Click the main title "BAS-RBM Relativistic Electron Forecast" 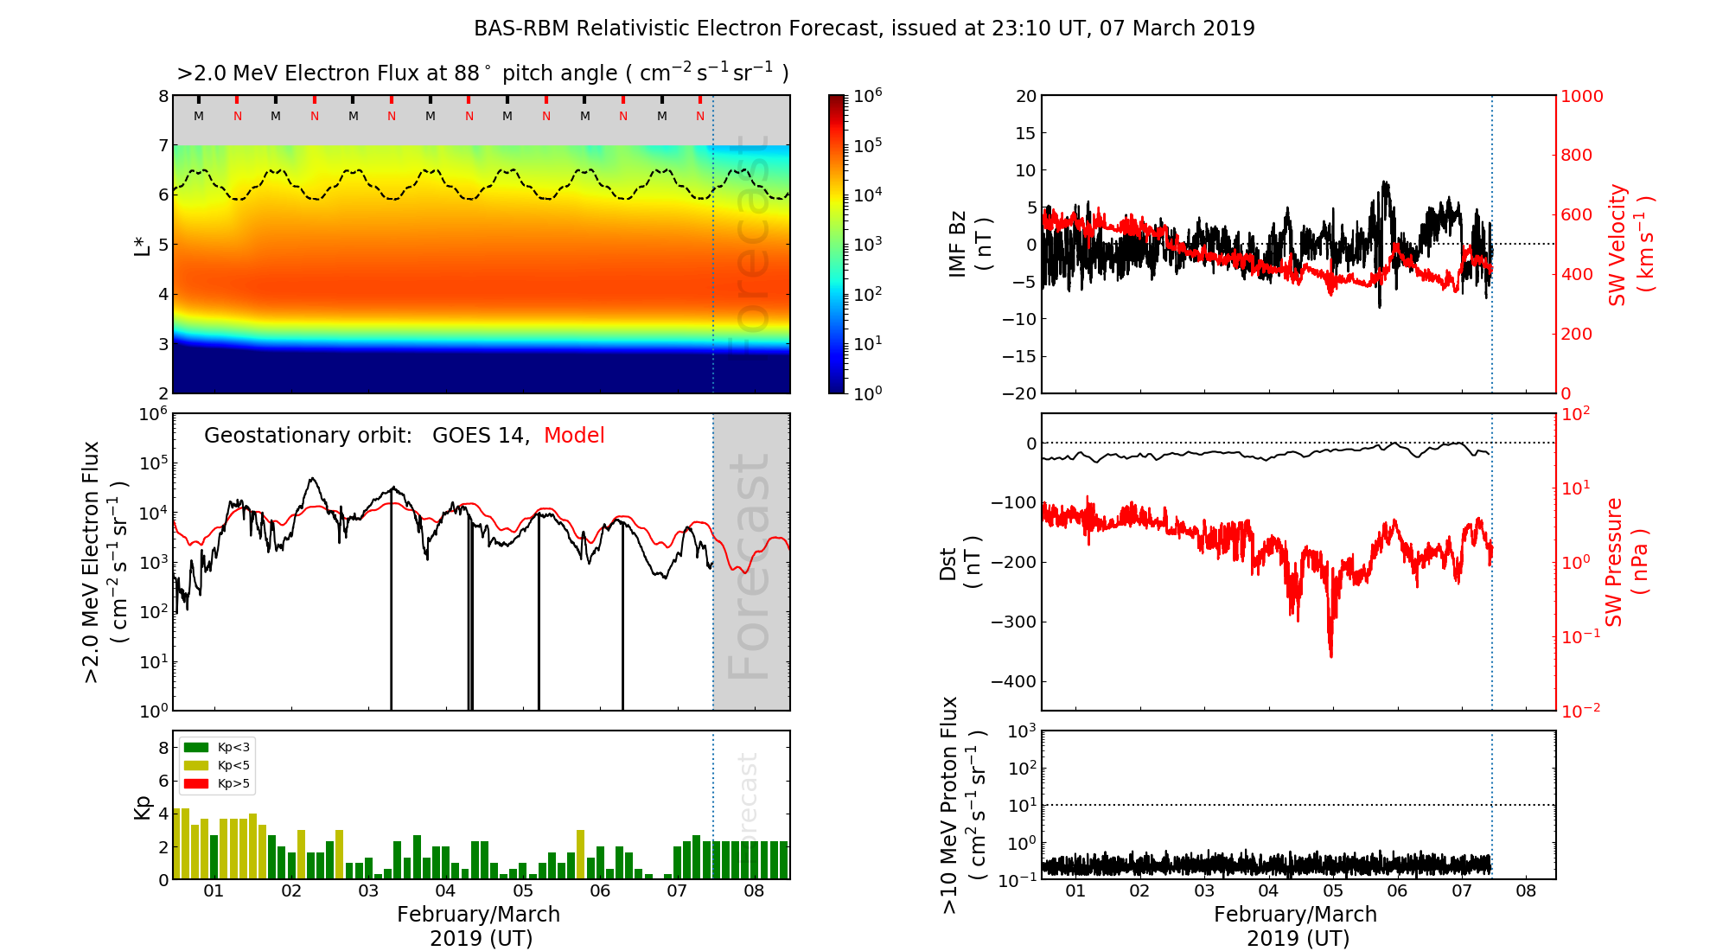[x=674, y=29]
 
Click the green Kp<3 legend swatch [x=196, y=747]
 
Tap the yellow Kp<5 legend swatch [x=196, y=765]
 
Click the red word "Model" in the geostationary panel [x=574, y=436]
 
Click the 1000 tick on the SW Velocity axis [x=1581, y=96]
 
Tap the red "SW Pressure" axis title [x=1614, y=562]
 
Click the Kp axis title [x=143, y=807]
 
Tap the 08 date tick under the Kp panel [x=754, y=891]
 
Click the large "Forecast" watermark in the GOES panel [x=749, y=566]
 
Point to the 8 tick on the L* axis [x=163, y=96]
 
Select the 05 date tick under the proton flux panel [x=1333, y=891]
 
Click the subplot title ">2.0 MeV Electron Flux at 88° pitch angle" [x=482, y=73]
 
